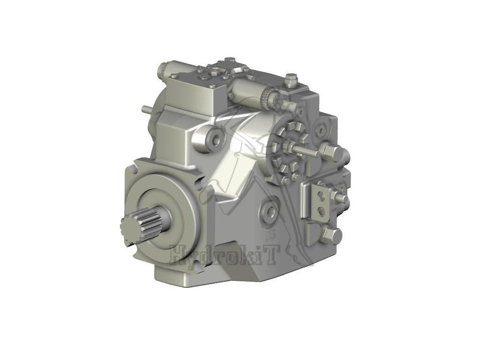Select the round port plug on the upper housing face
click(216, 138)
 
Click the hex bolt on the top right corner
click(291, 78)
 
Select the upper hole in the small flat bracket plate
click(321, 195)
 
